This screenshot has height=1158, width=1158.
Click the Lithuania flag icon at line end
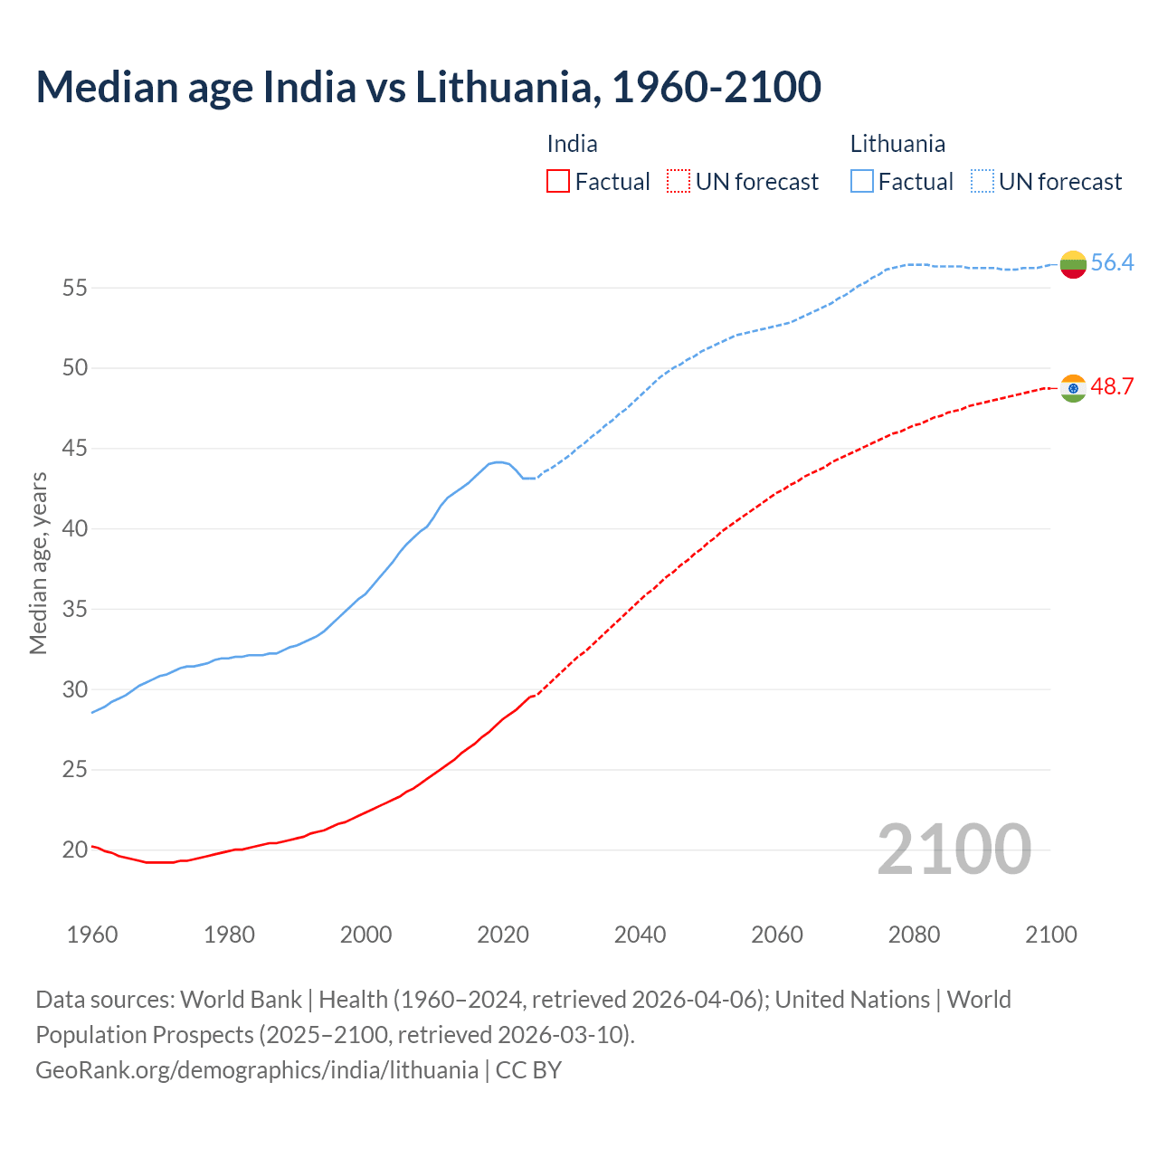(x=1073, y=264)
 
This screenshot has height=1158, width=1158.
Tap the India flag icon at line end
(x=1073, y=388)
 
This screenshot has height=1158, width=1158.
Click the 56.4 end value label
(x=1112, y=263)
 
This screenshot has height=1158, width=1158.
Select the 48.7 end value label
(x=1112, y=387)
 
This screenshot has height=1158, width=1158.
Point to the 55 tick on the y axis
(x=74, y=289)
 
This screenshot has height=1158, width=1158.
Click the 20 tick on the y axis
(x=74, y=850)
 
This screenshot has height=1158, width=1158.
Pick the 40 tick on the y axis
(x=74, y=529)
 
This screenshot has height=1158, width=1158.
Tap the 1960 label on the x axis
(x=92, y=935)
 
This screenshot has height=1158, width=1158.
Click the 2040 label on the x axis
(x=640, y=935)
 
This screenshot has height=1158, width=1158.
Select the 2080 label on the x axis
(x=914, y=935)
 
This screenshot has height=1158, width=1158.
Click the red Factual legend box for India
(x=558, y=182)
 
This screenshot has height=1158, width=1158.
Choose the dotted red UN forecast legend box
(x=679, y=182)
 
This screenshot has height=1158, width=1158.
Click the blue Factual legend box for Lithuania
(x=862, y=182)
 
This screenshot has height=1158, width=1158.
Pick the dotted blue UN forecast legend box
(x=982, y=182)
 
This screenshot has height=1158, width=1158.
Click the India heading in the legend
(x=572, y=144)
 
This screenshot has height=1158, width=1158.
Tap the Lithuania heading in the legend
(x=897, y=144)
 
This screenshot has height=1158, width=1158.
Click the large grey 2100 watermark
(x=954, y=849)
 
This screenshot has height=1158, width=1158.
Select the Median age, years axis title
(x=38, y=563)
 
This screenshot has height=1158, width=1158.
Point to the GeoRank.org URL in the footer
(x=257, y=1070)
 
